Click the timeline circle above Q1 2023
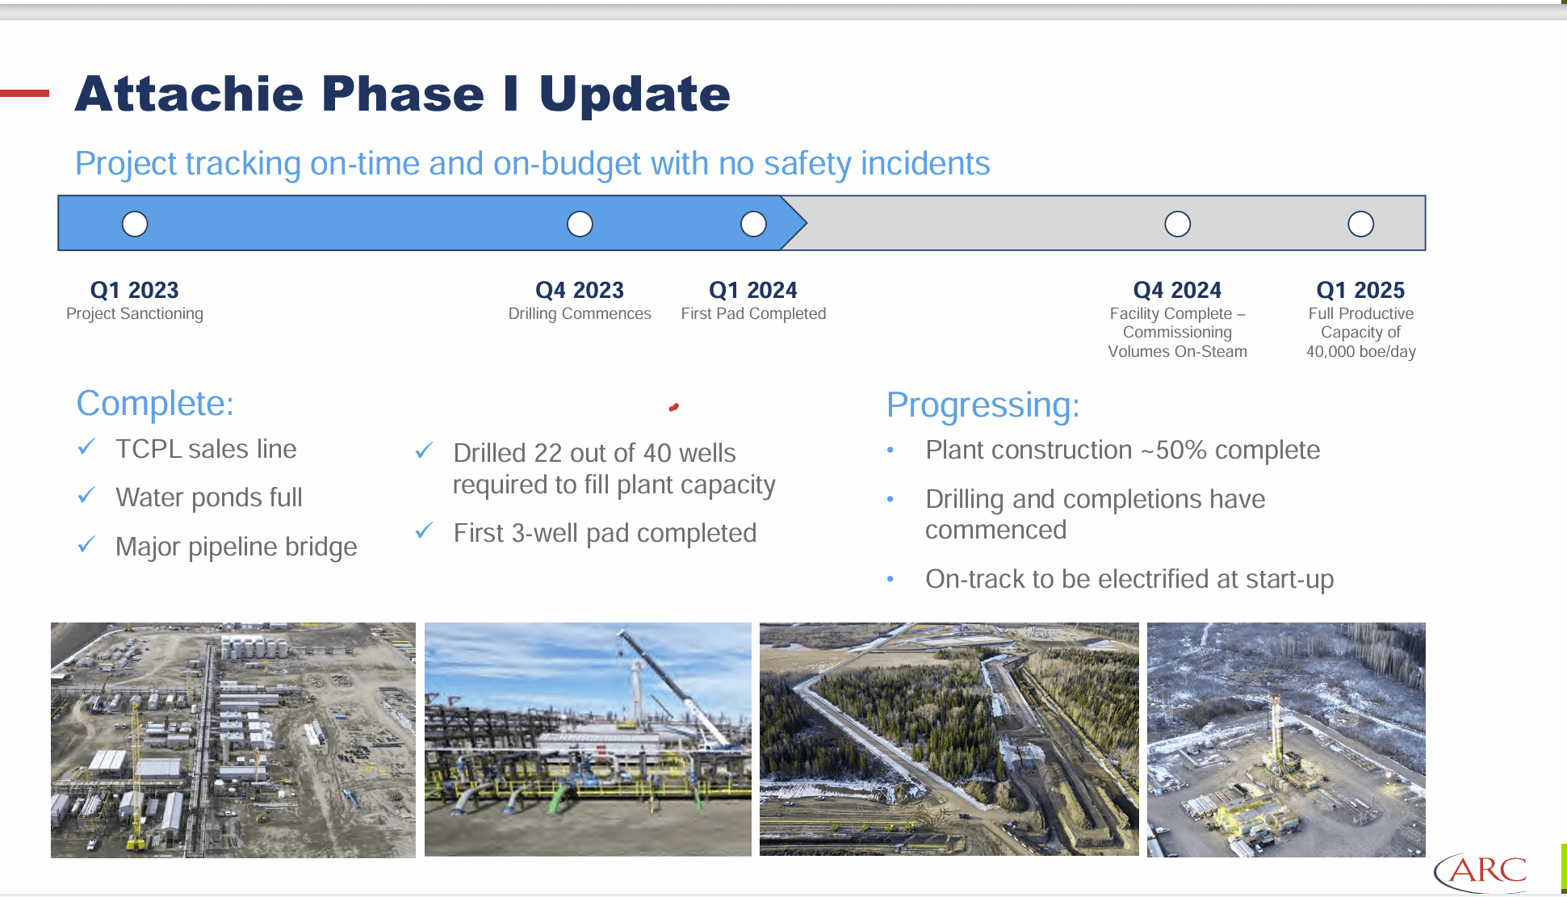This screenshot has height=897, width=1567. pyautogui.click(x=135, y=224)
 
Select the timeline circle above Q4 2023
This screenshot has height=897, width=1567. pyautogui.click(x=580, y=224)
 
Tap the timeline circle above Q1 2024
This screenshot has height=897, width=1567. pyautogui.click(x=753, y=224)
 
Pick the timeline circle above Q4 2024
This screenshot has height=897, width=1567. pyautogui.click(x=1177, y=224)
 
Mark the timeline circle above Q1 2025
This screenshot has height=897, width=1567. pyautogui.click(x=1360, y=224)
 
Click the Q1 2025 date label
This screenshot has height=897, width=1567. pyautogui.click(x=1360, y=290)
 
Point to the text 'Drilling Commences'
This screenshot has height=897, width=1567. pyautogui.click(x=580, y=314)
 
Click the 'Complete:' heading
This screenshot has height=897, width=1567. pyautogui.click(x=155, y=403)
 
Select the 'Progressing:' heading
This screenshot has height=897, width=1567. pyautogui.click(x=983, y=404)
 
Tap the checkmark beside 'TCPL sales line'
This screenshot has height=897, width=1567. pyautogui.click(x=87, y=447)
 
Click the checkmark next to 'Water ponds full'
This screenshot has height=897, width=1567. pyautogui.click(x=87, y=496)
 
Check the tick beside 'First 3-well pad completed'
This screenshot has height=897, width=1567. pyautogui.click(x=425, y=531)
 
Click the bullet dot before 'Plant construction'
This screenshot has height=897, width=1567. pyautogui.click(x=890, y=451)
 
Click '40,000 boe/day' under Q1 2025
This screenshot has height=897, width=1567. pyautogui.click(x=1360, y=352)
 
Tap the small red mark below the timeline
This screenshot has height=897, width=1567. pyautogui.click(x=673, y=408)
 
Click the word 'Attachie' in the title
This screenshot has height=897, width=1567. pyautogui.click(x=191, y=94)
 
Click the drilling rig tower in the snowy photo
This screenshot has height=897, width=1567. pyautogui.click(x=1275, y=727)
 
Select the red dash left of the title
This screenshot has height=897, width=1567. pyautogui.click(x=24, y=94)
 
